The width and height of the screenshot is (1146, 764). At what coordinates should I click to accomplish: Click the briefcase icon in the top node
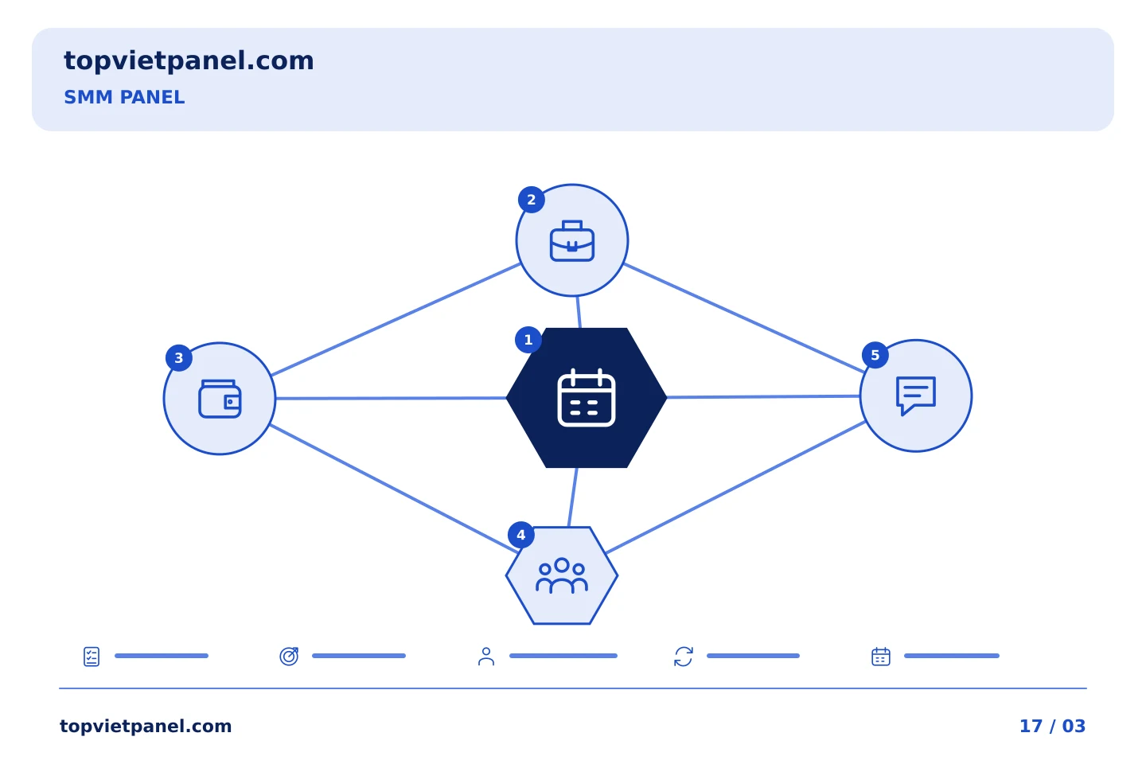572,241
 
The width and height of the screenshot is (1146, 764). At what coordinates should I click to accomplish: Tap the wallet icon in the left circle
220,399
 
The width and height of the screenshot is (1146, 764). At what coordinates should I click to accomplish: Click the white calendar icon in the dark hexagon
587,398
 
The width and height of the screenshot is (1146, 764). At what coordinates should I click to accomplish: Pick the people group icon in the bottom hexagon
562,575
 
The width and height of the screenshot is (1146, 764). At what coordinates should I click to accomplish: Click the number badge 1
528,340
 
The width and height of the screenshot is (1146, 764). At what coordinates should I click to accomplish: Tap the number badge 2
532,200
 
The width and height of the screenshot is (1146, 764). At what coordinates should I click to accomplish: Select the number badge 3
179,357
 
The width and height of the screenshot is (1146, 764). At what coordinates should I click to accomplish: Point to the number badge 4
520,535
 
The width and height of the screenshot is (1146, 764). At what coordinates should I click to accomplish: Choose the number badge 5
875,355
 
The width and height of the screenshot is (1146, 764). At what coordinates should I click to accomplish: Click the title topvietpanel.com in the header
189,61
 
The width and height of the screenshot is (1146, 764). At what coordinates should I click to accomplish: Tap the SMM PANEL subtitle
124,97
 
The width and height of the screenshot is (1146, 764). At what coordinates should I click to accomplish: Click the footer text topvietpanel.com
146,726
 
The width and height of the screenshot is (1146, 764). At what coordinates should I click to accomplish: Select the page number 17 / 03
1052,726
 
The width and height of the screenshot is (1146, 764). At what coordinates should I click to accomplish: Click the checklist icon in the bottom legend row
92,657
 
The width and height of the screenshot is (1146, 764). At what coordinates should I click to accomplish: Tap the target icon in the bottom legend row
289,656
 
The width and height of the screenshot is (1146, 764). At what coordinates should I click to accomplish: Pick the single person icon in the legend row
486,657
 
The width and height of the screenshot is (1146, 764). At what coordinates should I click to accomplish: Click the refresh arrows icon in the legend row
684,657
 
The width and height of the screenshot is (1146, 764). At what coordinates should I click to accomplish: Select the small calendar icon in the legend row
881,657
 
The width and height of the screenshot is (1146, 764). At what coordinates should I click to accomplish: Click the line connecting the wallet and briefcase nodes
396,320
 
